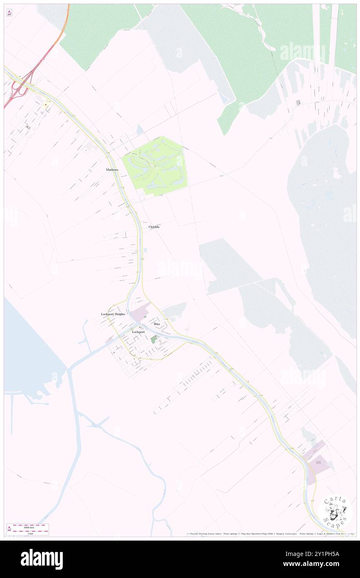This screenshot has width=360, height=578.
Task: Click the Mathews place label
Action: pos(112,170)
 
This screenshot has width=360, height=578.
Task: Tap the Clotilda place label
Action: pos(154,227)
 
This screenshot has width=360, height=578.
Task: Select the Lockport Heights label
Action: pos(113,314)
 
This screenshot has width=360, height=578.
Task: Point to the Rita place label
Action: pos(157,324)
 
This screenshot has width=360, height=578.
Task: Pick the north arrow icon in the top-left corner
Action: pos(9,13)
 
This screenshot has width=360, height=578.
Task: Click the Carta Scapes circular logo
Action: pos(335,511)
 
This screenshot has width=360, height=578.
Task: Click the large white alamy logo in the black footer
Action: pos(42,558)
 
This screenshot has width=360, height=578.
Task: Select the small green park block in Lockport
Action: pos(154,340)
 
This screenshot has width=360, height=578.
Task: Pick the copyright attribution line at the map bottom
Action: pos(270,534)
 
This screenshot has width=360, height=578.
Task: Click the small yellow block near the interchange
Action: pos(44,111)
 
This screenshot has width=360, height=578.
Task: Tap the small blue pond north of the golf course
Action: pos(140,130)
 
